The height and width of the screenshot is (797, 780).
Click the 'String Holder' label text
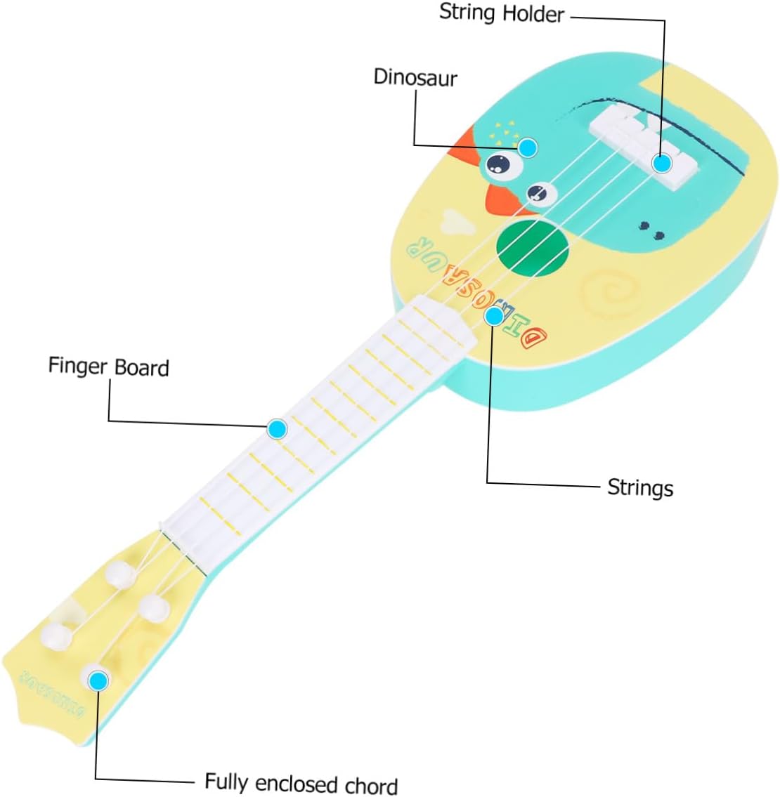[501, 13]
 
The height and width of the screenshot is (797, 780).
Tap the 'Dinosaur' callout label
[415, 77]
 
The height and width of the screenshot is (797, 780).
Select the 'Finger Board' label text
[108, 367]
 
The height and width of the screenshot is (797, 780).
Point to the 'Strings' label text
[639, 487]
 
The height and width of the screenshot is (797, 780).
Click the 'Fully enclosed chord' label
[301, 783]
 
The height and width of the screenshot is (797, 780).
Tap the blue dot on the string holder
[662, 163]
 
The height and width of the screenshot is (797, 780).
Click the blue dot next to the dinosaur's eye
[528, 147]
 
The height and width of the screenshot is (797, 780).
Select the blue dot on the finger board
[278, 428]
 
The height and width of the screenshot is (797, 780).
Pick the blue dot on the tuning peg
[98, 680]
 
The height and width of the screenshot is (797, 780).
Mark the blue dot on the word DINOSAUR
[495, 315]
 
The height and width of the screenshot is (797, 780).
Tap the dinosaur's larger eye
[499, 164]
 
